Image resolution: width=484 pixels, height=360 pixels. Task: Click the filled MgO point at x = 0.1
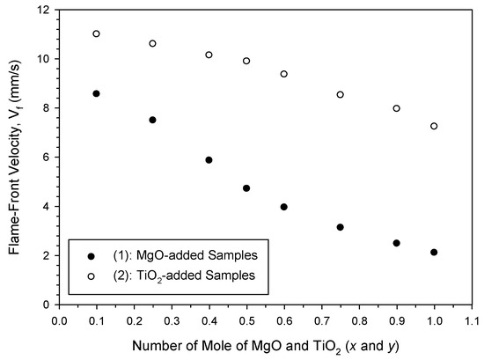click(96, 93)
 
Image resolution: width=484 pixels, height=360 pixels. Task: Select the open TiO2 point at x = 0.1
click(96, 33)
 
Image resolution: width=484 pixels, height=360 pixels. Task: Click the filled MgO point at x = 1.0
click(434, 253)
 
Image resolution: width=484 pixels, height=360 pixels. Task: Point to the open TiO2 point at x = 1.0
click(434, 126)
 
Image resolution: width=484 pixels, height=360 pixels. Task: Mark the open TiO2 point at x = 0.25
click(152, 43)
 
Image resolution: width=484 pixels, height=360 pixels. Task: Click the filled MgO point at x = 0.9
click(396, 243)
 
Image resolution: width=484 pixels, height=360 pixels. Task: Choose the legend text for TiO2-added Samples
click(165, 276)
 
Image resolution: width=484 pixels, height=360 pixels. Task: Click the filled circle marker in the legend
click(92, 255)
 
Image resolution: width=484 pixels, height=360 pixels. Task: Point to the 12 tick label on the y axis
click(42, 10)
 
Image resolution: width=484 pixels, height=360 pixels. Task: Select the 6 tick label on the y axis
click(46, 158)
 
